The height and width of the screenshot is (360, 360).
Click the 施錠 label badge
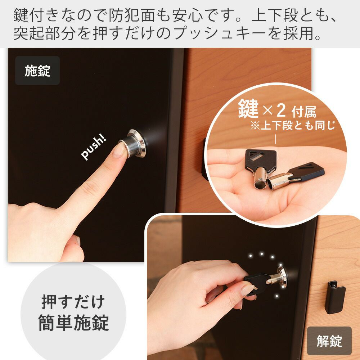(x=37, y=71)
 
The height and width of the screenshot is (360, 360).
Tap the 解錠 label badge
(x=329, y=341)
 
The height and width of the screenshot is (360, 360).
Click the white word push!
(x=94, y=147)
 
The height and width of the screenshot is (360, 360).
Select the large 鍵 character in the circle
(x=248, y=109)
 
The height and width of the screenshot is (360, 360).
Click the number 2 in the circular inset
(x=281, y=111)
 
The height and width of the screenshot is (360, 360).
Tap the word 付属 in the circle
(x=304, y=112)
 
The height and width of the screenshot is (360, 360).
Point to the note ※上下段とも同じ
(x=293, y=126)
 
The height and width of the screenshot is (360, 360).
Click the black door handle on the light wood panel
(x=335, y=297)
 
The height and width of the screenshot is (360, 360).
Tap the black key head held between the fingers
(x=255, y=284)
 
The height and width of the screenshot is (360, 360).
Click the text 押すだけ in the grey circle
(x=73, y=302)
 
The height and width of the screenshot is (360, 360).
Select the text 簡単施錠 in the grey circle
(x=73, y=323)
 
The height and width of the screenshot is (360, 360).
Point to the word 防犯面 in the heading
(x=131, y=15)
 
